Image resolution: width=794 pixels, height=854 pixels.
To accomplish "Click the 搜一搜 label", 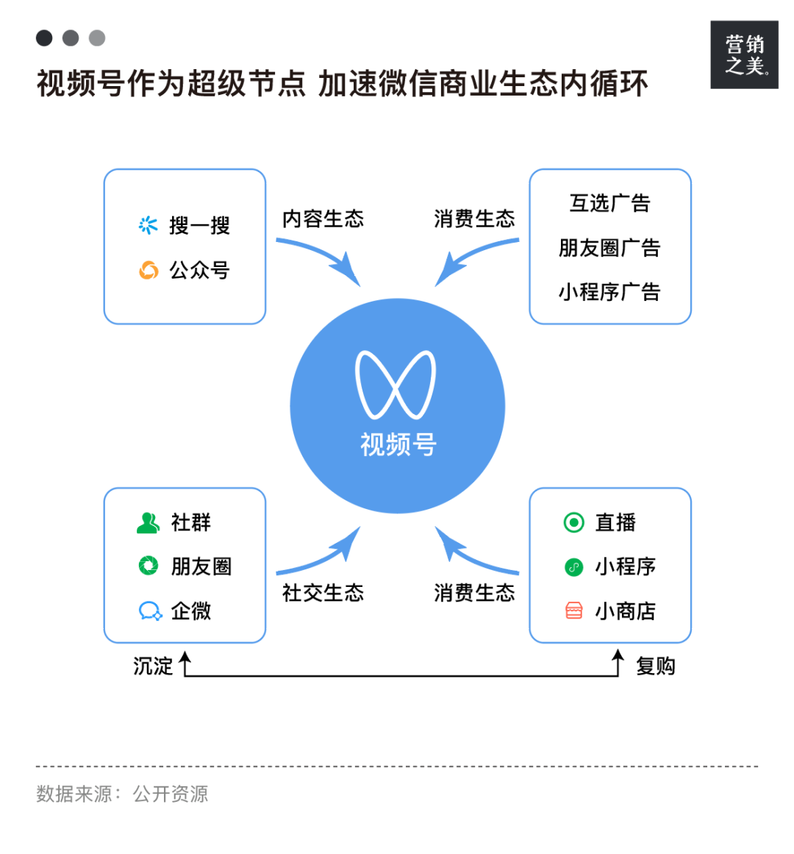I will click(x=199, y=226).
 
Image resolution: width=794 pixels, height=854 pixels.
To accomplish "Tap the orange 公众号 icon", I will click(x=149, y=271).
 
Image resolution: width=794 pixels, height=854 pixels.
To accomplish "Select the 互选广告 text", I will click(x=609, y=203).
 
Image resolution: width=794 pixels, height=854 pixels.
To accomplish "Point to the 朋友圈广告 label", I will click(x=609, y=248).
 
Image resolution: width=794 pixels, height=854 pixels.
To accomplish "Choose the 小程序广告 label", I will click(x=609, y=292).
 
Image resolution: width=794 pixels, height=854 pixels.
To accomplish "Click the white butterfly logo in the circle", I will click(x=396, y=385).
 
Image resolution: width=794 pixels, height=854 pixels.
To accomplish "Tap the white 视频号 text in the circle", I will click(x=398, y=444).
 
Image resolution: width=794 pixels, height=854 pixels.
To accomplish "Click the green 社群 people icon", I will click(x=149, y=522).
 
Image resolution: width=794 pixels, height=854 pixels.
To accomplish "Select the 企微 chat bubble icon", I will click(x=150, y=611).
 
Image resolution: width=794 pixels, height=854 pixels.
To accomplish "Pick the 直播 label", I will click(x=615, y=522).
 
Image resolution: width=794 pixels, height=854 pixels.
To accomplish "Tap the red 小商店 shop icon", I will click(x=573, y=611).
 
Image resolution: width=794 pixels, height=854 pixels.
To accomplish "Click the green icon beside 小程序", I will click(x=573, y=566).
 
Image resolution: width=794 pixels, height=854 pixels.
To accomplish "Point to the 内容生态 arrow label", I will click(x=323, y=218).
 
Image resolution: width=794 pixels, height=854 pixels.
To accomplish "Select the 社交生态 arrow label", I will click(x=323, y=593).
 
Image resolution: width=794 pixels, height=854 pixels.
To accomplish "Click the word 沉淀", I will click(x=153, y=666).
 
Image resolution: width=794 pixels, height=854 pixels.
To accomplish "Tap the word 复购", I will click(x=655, y=666).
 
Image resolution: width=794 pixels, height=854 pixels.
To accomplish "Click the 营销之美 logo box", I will click(x=744, y=55).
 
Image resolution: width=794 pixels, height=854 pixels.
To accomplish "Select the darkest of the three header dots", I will click(x=44, y=38).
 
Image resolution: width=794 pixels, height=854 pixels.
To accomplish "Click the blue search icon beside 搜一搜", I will click(x=149, y=225).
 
